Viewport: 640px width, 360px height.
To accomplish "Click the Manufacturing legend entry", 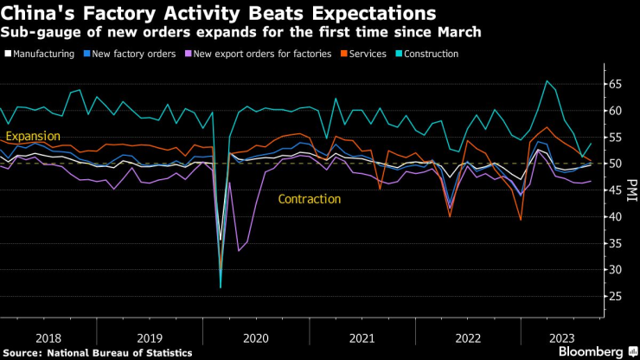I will coord(42,54).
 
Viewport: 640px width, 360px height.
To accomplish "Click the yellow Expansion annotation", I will coord(33,137).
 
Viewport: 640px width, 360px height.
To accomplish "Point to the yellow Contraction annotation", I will coord(309,199).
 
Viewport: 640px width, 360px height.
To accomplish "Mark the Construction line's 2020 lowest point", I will coord(221,286).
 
